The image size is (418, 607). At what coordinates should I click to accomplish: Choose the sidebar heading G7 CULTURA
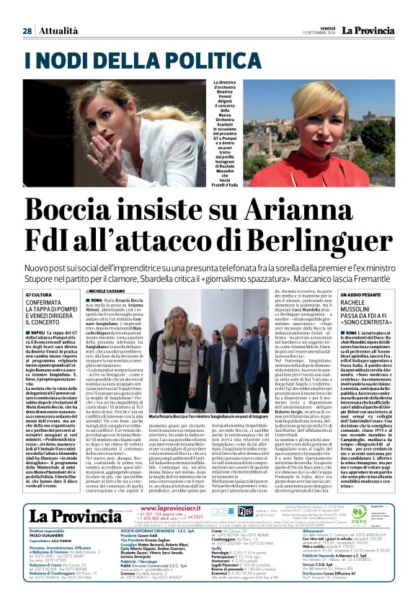point(43,296)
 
